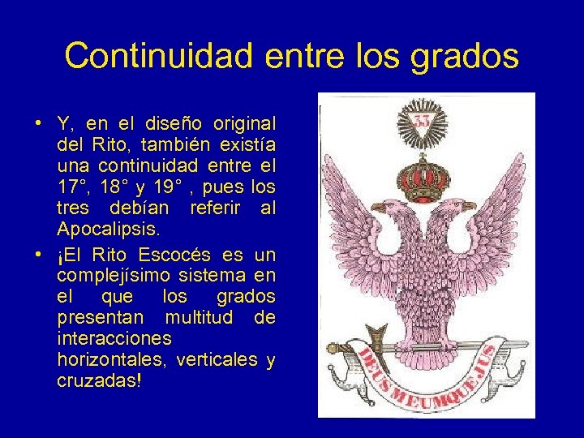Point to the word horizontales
(108, 359)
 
